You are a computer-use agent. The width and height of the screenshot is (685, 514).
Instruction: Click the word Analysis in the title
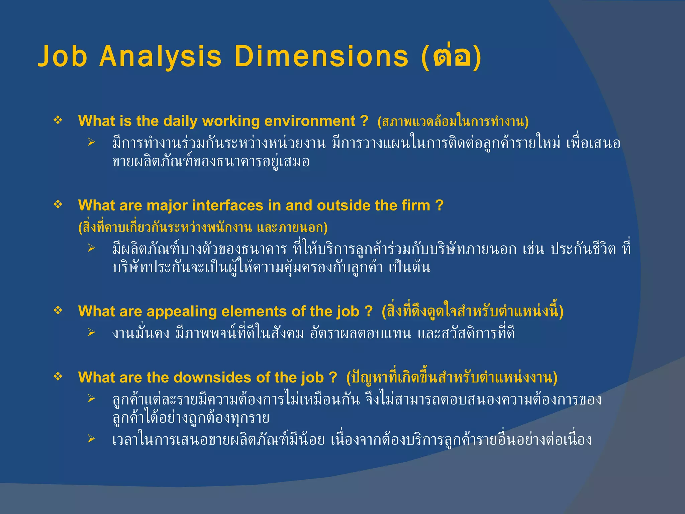point(160,56)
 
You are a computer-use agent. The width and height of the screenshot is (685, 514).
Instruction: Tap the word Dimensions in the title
point(321,56)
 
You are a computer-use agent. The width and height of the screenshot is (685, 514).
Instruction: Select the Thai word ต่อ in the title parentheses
point(451,56)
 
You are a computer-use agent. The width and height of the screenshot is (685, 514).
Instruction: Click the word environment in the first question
point(310,121)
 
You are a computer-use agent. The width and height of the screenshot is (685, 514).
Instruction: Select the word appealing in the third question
point(182,312)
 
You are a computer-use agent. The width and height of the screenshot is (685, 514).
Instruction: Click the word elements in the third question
point(254,312)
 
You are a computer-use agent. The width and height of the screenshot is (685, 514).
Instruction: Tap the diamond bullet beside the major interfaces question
point(58,204)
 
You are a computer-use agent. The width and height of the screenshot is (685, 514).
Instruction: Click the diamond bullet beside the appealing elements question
point(58,311)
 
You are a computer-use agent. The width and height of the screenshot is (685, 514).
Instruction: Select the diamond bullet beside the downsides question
point(58,377)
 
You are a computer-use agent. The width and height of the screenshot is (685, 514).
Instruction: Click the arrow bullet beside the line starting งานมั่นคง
point(91,332)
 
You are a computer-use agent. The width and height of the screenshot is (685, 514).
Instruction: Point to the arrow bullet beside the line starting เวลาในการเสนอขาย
point(91,439)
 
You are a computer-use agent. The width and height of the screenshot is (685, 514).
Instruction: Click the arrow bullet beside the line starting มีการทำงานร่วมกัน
point(91,142)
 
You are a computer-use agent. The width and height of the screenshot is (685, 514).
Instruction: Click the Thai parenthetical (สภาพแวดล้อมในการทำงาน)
point(453,121)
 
